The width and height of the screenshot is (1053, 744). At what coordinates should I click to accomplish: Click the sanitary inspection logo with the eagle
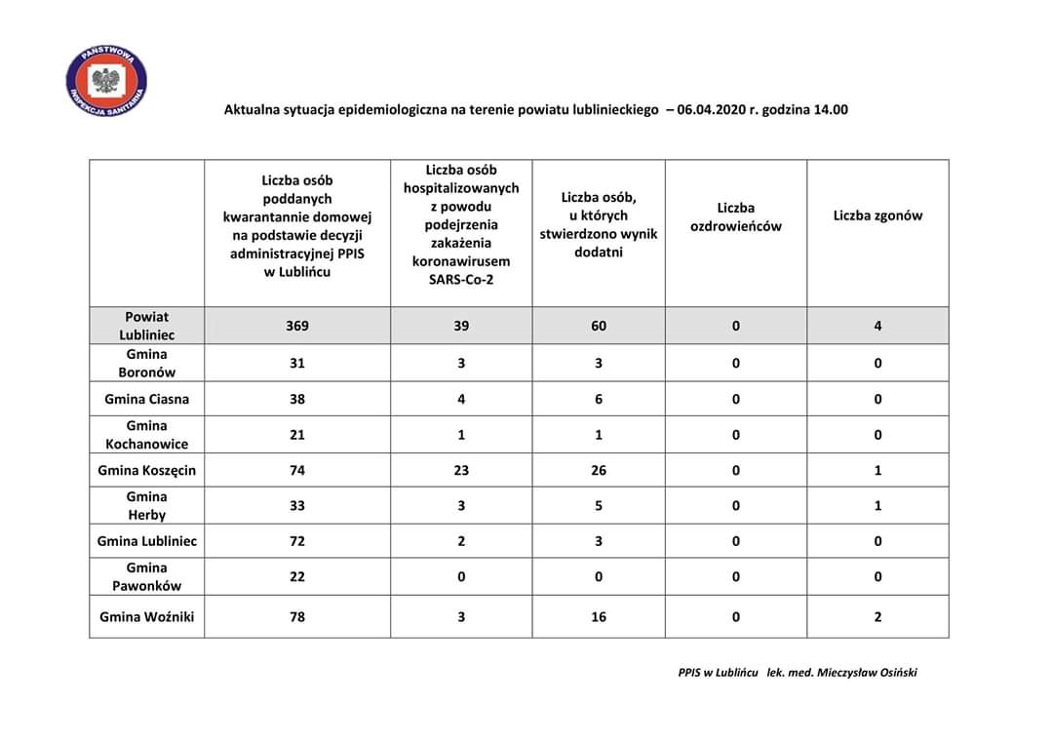106,82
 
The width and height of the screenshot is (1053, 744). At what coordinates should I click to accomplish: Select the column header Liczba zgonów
877,215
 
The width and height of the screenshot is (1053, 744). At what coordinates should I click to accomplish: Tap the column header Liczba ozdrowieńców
736,216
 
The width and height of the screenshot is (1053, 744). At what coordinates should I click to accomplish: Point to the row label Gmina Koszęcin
147,470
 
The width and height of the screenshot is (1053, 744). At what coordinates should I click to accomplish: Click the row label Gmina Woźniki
147,616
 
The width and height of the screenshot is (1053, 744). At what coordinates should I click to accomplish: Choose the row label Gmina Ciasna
147,399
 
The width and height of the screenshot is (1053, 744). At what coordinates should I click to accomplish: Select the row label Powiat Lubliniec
147,326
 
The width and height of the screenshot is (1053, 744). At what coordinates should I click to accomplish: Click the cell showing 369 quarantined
297,326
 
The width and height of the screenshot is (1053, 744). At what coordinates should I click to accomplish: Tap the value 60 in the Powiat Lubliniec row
599,326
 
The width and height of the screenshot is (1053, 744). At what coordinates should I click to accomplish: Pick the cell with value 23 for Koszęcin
461,470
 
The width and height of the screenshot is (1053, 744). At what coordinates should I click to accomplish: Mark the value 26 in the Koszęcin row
599,470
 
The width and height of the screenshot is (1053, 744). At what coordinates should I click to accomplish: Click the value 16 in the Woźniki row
599,616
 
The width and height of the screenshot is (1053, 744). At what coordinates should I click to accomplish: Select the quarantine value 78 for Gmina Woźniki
297,616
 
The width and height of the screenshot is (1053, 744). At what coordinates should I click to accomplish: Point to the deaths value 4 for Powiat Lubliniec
877,326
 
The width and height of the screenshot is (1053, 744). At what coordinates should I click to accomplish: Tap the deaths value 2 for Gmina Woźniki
877,616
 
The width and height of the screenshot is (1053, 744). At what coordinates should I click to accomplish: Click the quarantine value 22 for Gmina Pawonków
297,576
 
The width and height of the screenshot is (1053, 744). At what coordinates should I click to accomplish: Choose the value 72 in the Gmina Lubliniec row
297,541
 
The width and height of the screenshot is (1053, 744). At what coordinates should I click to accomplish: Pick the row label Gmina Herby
147,506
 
